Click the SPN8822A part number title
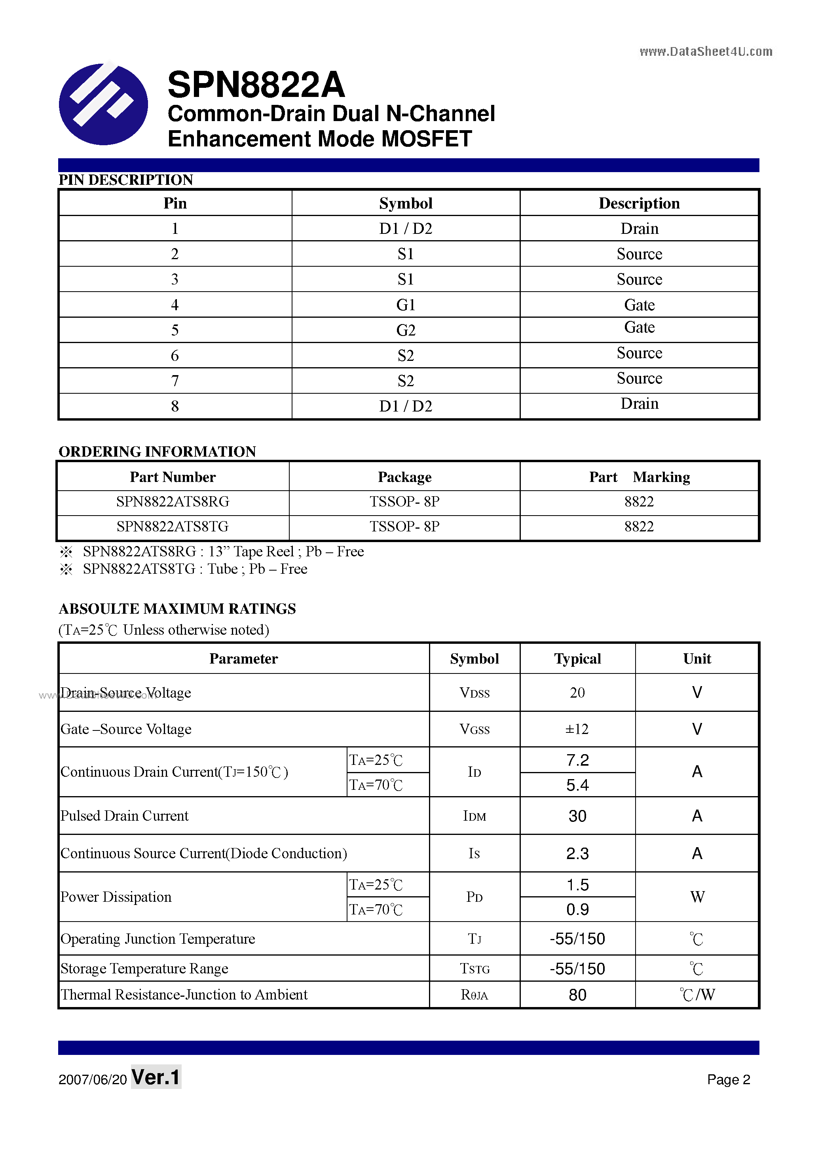(x=256, y=85)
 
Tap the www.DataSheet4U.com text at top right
(x=706, y=51)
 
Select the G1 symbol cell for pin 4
(x=406, y=305)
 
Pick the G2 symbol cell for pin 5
(x=406, y=330)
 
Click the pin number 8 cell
(x=175, y=406)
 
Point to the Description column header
(x=639, y=203)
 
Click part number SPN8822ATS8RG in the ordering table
(x=173, y=502)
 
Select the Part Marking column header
(x=639, y=477)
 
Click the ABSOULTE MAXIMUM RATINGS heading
(x=177, y=609)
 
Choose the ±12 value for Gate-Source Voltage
(x=577, y=729)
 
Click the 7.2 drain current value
(x=577, y=760)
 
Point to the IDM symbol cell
(x=474, y=816)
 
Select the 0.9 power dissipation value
(x=577, y=910)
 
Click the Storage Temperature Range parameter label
(x=144, y=969)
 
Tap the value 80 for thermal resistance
(x=577, y=995)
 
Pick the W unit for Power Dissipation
(x=697, y=897)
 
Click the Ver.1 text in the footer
(x=156, y=1077)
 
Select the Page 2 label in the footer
(x=728, y=1079)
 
